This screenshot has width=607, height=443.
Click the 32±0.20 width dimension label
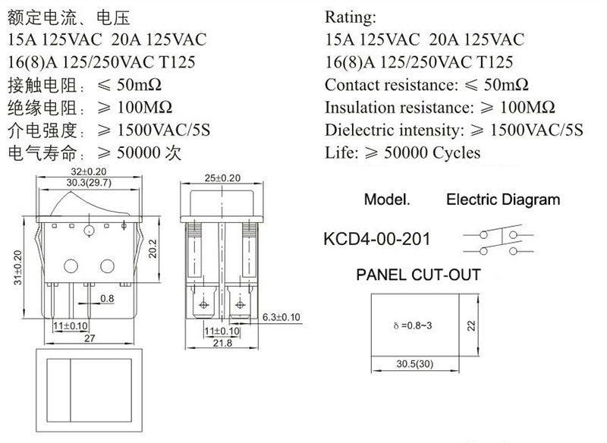click(89, 171)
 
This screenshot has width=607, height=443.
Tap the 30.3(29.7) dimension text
click(89, 183)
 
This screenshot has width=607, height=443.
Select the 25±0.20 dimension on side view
click(222, 178)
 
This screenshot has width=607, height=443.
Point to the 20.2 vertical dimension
click(153, 249)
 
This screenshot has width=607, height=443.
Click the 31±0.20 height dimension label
click(17, 268)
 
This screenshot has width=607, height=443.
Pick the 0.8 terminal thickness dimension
click(107, 298)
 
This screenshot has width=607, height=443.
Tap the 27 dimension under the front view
click(90, 338)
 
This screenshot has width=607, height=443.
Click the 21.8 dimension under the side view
click(222, 343)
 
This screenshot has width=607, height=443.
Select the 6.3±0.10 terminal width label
click(281, 317)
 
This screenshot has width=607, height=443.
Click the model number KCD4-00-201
click(376, 239)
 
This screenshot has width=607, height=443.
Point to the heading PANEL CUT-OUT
click(419, 275)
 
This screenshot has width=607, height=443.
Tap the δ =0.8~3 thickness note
click(413, 325)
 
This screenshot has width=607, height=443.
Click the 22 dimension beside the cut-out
click(471, 325)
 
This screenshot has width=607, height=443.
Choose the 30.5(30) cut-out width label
click(414, 363)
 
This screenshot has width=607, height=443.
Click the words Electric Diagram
click(503, 200)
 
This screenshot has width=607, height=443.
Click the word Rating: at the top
click(351, 17)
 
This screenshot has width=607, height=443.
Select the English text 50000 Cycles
click(432, 152)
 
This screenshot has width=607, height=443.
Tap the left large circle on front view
click(71, 266)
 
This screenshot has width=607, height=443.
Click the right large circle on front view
click(107, 266)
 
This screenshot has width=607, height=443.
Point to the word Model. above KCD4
click(387, 200)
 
